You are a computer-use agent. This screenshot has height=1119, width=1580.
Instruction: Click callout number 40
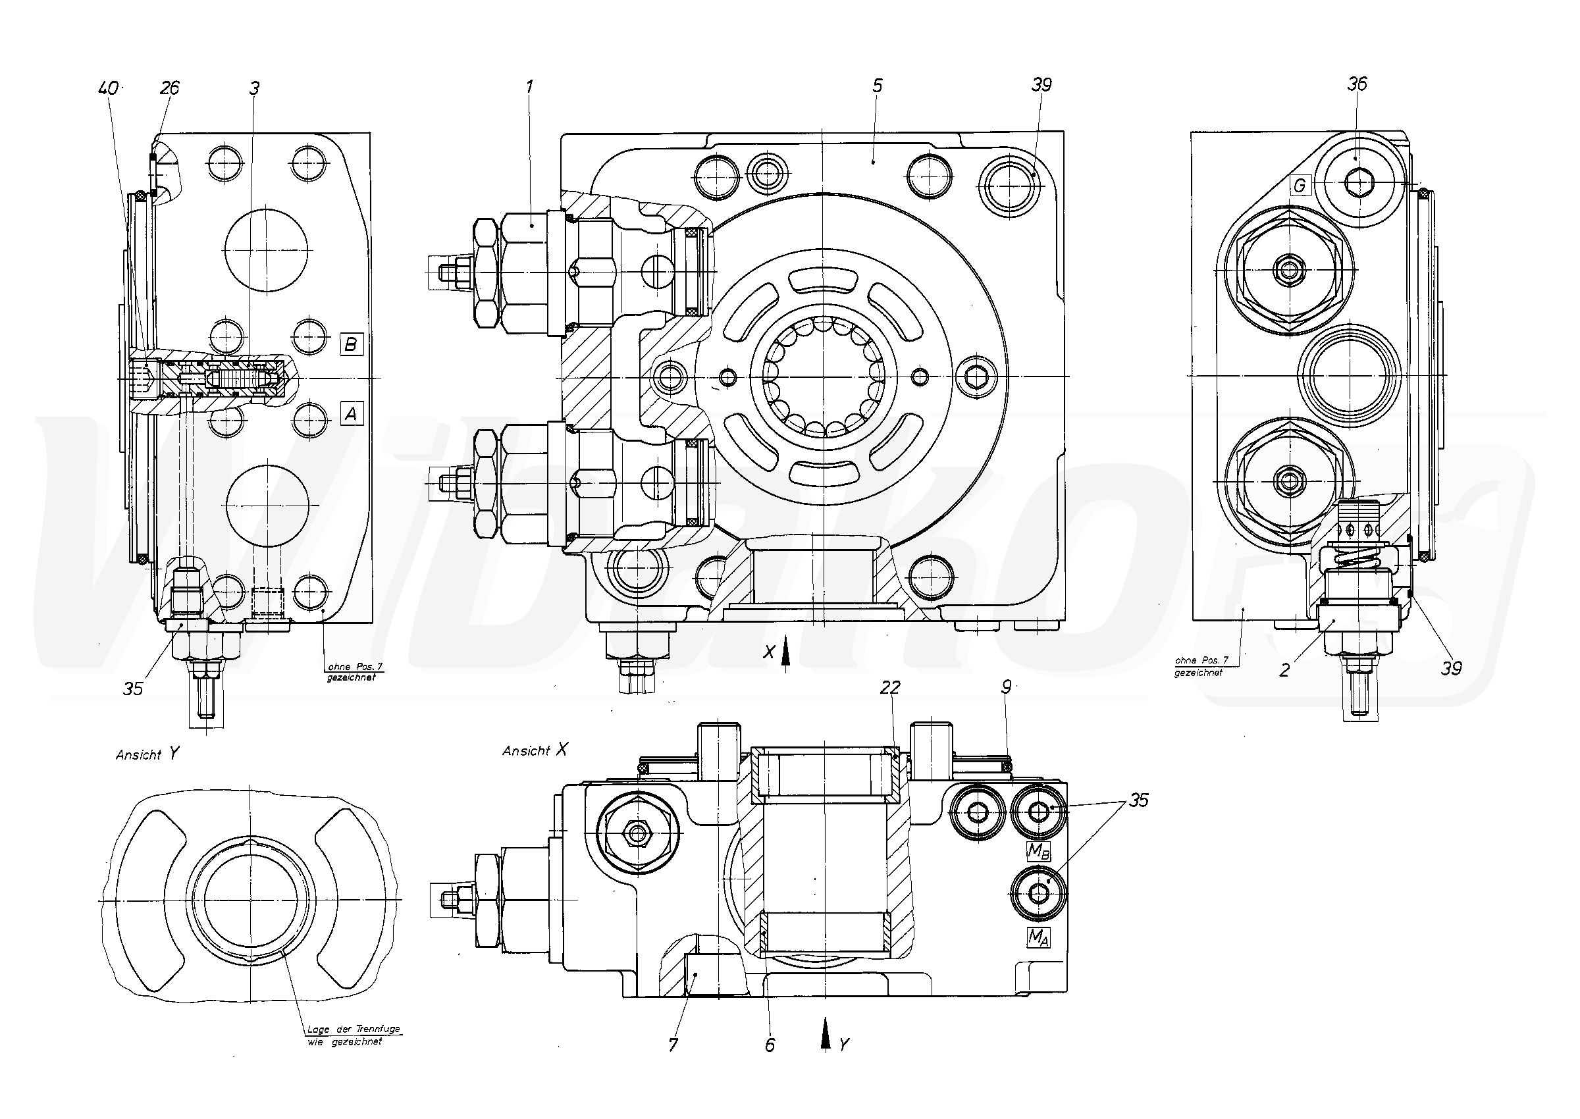(x=108, y=88)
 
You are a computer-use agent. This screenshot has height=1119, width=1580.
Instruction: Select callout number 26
(x=169, y=88)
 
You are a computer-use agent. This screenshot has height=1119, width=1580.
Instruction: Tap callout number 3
(x=254, y=88)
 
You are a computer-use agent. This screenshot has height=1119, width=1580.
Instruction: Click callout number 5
(x=877, y=86)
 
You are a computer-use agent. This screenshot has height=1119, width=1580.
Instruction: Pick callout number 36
(x=1357, y=84)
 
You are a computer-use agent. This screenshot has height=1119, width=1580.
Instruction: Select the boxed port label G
(x=1300, y=186)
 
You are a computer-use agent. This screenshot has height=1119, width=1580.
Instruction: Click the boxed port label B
(x=351, y=344)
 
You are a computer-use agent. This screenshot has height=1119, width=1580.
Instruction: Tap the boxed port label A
(x=352, y=414)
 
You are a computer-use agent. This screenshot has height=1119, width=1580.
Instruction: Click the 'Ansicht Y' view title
(x=147, y=754)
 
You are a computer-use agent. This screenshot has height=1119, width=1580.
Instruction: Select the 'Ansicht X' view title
(x=535, y=750)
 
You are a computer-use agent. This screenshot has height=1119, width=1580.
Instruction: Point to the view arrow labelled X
(x=785, y=651)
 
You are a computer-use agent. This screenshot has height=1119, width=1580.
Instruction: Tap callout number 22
(x=890, y=687)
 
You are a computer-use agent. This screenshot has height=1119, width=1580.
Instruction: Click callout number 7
(x=673, y=1045)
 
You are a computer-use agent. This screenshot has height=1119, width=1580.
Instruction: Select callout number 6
(x=770, y=1045)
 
